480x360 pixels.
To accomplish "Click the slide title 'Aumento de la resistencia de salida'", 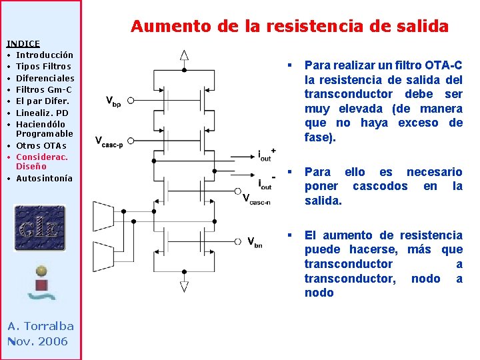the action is click(x=289, y=27).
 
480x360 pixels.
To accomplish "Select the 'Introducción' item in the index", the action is click(x=45, y=55).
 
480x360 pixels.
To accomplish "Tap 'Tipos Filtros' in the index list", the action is click(x=43, y=66).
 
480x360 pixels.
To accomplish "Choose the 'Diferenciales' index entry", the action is click(x=45, y=78).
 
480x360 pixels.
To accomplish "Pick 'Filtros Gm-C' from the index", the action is click(x=44, y=89).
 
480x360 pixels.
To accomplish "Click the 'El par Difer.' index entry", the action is click(x=43, y=101).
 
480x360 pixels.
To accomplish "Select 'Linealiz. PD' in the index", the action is click(x=42, y=113).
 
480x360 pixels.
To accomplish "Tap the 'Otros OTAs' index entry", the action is click(x=41, y=145).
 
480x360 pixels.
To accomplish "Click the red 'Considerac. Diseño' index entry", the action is click(x=41, y=161).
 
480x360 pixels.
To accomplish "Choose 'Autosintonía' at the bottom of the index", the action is click(x=44, y=178).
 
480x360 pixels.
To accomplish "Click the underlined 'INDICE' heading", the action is click(x=23, y=43).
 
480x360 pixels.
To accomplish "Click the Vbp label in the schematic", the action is click(x=113, y=101).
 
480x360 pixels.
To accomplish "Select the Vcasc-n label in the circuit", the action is click(x=256, y=199).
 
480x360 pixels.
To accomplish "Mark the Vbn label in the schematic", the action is click(x=255, y=241).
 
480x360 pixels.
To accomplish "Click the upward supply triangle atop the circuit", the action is click(x=184, y=55).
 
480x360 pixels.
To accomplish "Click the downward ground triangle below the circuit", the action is click(x=184, y=287).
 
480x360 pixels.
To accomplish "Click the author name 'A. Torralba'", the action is click(x=40, y=326).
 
